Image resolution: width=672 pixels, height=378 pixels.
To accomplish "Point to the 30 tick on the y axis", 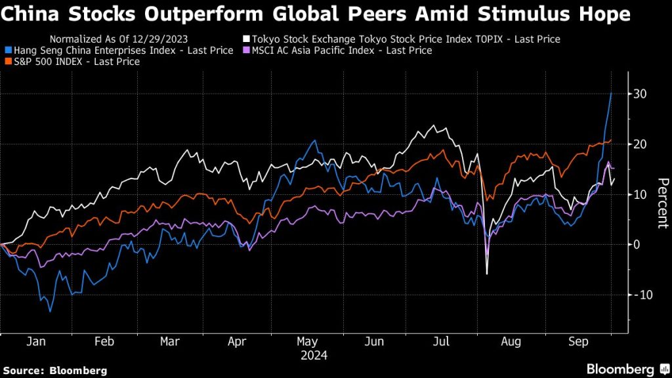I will [640, 94].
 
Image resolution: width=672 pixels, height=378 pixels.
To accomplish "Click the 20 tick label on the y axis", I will [640, 144].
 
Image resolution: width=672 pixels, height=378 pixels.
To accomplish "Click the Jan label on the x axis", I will [36, 342].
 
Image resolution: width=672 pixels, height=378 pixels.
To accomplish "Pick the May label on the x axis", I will [307, 342].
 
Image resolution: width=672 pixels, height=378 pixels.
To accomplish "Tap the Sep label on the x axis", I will [577, 342].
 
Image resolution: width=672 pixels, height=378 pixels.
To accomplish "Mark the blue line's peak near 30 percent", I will [612, 93].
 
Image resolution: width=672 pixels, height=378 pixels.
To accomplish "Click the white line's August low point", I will [487, 274].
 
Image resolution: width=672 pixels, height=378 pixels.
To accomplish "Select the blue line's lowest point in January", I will [50, 311].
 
